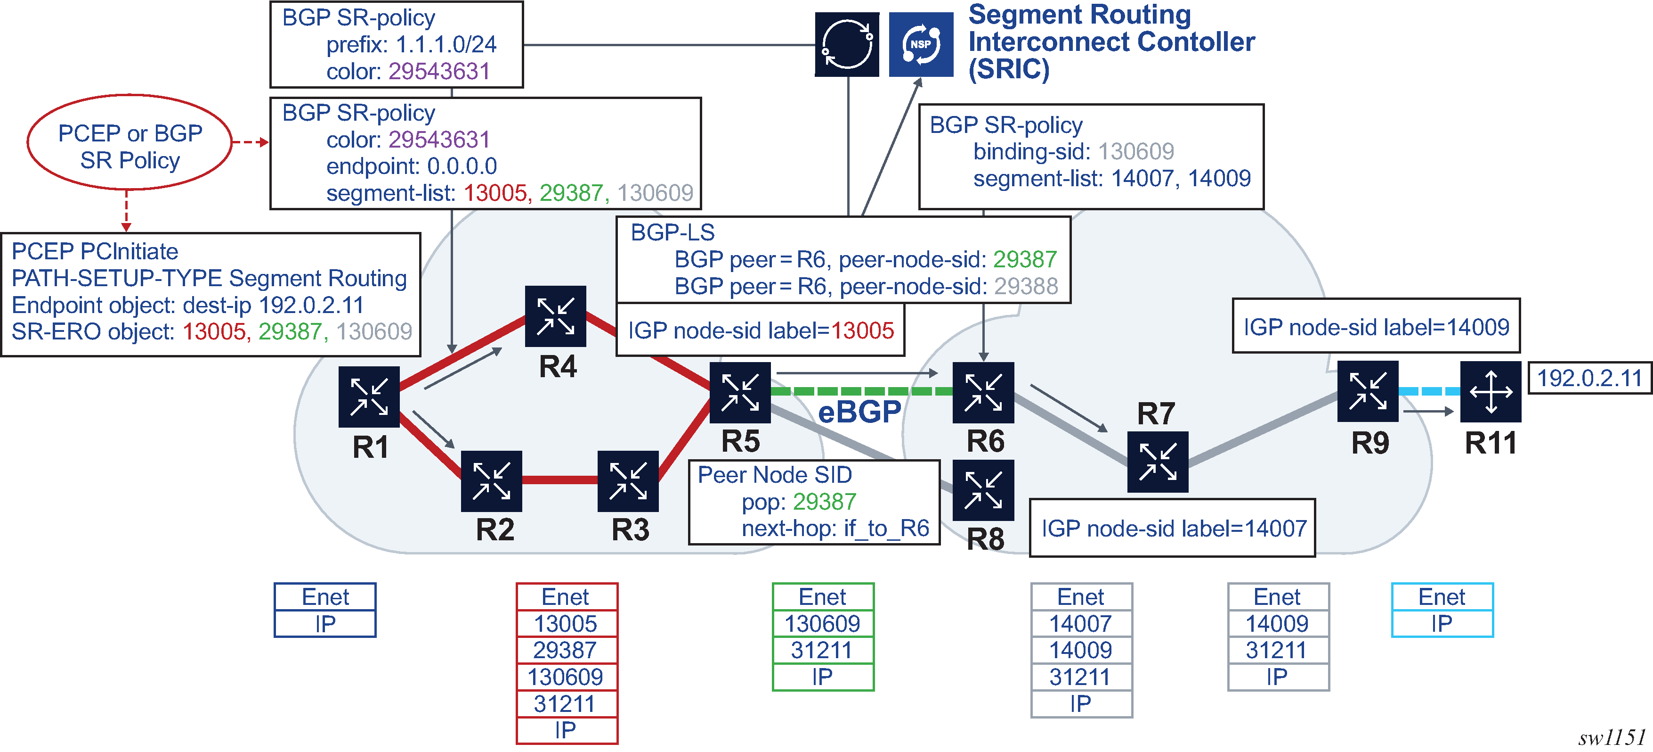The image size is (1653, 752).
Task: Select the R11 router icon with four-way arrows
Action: [x=1490, y=391]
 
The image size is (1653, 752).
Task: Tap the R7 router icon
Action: [x=1158, y=462]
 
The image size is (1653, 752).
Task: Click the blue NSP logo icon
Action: [x=921, y=44]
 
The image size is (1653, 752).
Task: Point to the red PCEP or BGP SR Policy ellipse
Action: [x=130, y=142]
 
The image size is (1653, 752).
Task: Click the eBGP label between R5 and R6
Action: [x=859, y=412]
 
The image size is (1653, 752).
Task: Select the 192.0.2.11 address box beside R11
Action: [x=1589, y=378]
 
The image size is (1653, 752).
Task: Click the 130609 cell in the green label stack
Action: [x=823, y=624]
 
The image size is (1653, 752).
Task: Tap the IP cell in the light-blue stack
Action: [x=1442, y=624]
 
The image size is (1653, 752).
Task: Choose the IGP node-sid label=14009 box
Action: [x=1376, y=326]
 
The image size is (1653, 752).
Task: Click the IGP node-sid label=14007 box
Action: [x=1172, y=529]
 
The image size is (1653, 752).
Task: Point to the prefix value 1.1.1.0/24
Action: [x=446, y=45]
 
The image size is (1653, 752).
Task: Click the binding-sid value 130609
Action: [x=1136, y=151]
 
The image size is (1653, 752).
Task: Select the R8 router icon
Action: [x=983, y=491]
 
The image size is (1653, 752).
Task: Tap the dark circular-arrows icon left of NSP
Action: [x=847, y=44]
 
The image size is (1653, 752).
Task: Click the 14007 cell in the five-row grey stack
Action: [x=1081, y=624]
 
